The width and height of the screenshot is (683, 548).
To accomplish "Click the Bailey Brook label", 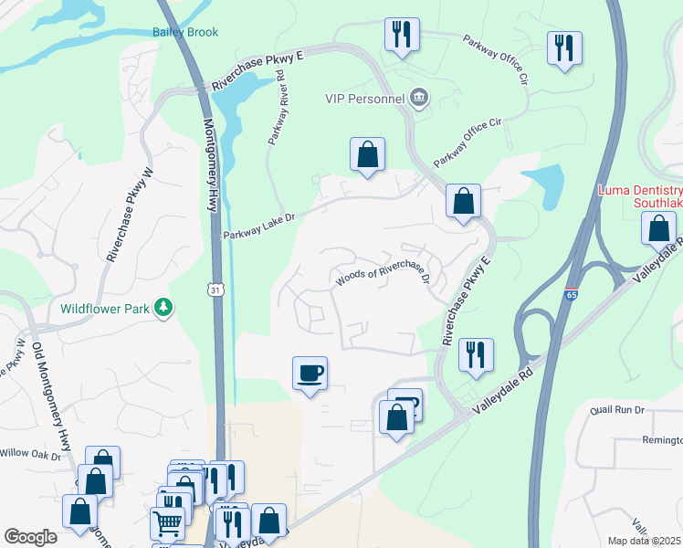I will click(x=185, y=32).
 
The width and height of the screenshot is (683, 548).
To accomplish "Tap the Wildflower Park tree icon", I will click(x=163, y=308).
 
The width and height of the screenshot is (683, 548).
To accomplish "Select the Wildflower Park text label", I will click(x=105, y=309).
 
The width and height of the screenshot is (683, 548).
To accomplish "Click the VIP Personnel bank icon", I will click(x=419, y=98).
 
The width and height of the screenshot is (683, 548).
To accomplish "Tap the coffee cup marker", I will click(x=310, y=373).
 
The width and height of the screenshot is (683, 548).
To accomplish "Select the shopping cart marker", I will click(x=167, y=523).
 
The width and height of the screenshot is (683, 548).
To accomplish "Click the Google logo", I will click(x=30, y=537).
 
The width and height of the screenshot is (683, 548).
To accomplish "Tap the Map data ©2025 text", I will click(x=645, y=541).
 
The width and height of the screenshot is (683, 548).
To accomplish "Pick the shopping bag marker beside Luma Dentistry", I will click(x=658, y=227).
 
